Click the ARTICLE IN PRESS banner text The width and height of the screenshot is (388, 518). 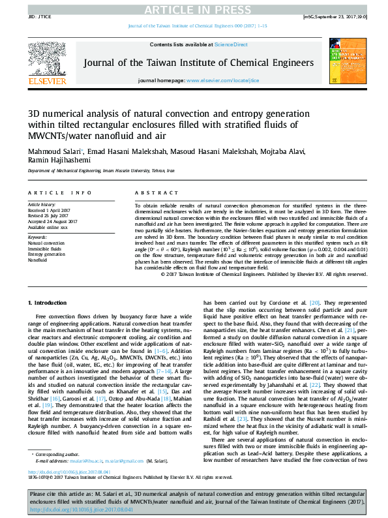click(x=194, y=9)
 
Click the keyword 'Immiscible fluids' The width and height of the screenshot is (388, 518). click(x=44, y=249)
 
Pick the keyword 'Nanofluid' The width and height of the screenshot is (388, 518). click(x=37, y=259)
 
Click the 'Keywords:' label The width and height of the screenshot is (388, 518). click(x=37, y=238)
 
